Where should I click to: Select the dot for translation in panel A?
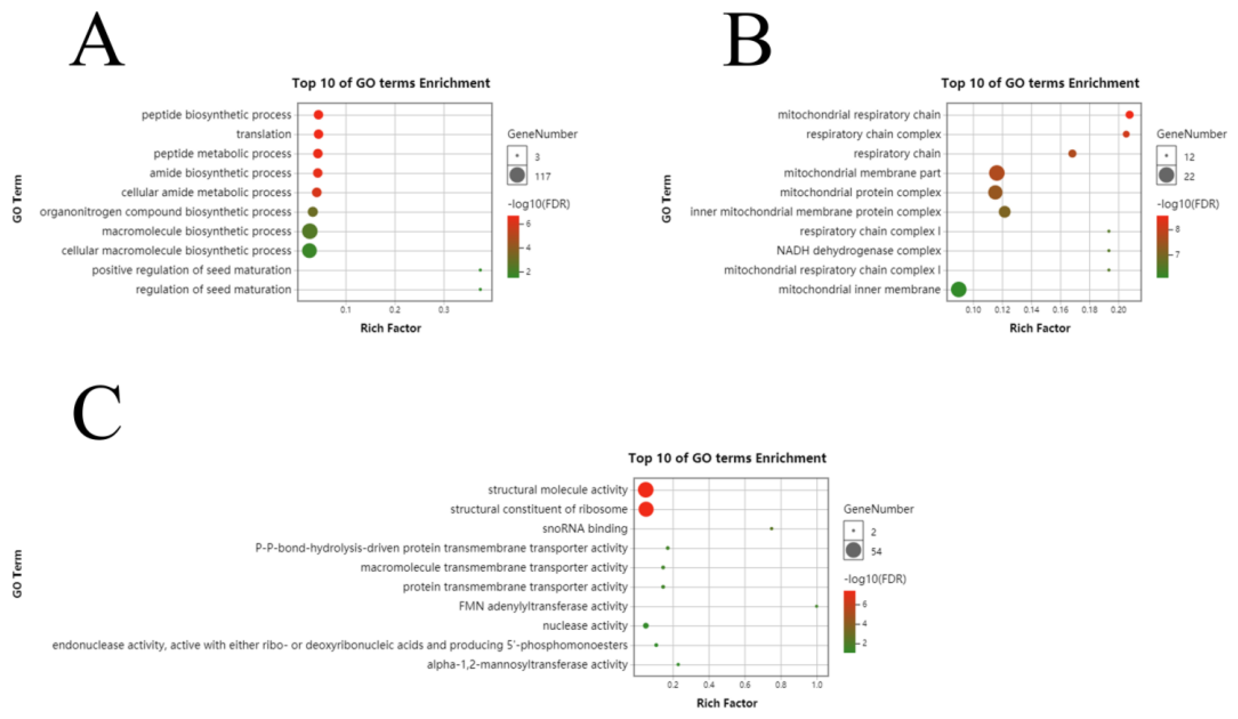click(318, 134)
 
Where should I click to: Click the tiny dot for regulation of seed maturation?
click(480, 289)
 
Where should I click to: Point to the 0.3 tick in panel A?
click(444, 310)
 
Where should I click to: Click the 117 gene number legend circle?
click(517, 175)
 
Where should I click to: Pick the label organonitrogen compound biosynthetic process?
click(166, 212)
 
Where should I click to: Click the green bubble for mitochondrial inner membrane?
click(958, 289)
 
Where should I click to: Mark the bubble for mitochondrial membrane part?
click(996, 173)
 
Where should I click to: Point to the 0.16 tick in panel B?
click(1060, 310)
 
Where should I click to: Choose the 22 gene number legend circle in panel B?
click(1166, 175)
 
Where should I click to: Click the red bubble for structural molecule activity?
click(645, 490)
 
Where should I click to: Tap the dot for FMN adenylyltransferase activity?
click(817, 606)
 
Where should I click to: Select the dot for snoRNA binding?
click(771, 529)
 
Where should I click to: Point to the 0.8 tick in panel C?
click(781, 685)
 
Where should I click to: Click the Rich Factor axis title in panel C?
click(727, 703)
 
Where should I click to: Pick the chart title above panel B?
click(1040, 83)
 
